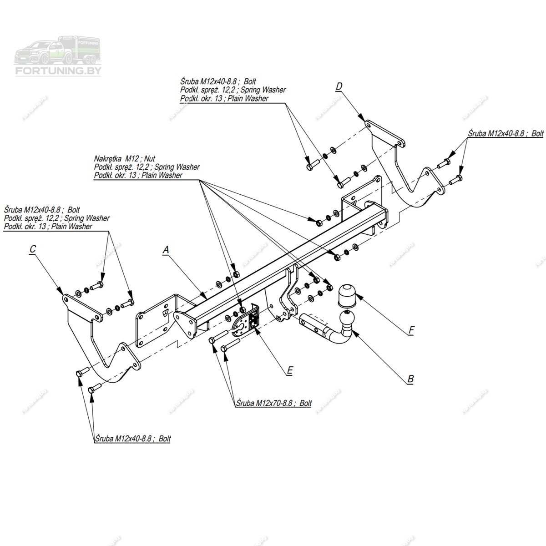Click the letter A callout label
pos(166,249)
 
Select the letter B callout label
pos(410,379)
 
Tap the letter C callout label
pos(32,249)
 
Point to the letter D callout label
pos(339,86)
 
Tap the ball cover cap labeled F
pos(347,295)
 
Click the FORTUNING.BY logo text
pos(59,71)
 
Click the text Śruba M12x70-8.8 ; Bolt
pos(274,403)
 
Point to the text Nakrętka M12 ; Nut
pos(125,159)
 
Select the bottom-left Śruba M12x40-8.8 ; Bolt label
pos(133,439)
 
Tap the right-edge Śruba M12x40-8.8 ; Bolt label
pos(506,134)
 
